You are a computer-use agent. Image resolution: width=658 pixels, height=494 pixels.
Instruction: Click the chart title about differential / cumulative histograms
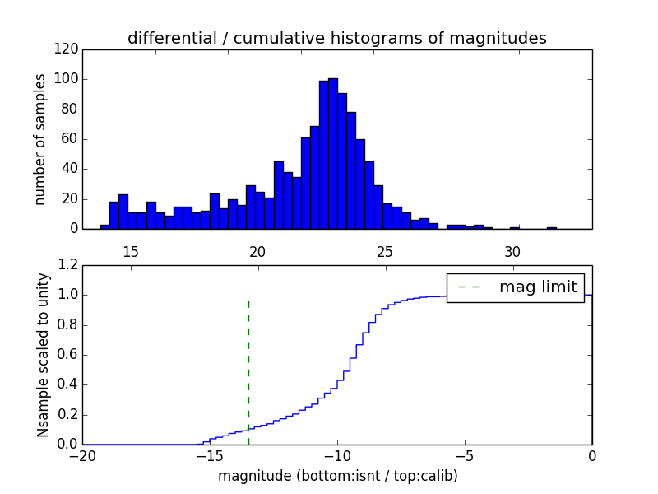[336, 39]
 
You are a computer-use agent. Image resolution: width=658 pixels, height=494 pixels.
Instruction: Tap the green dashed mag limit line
[248, 370]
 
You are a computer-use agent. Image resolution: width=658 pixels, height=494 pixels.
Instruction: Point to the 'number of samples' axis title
[40, 139]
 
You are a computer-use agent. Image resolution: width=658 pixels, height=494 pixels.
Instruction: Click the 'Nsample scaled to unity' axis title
[43, 355]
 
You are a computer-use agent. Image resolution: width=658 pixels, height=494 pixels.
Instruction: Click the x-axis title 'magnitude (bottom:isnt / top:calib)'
[337, 476]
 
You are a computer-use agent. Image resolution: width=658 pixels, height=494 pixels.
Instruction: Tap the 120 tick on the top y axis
[68, 49]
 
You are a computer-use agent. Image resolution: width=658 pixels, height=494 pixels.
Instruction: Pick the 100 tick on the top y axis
[68, 80]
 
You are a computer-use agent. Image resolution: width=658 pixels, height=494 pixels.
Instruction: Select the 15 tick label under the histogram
[130, 251]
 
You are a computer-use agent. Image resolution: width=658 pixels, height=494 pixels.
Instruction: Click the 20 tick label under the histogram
[257, 251]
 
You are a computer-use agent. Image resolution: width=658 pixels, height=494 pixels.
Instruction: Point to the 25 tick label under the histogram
[385, 251]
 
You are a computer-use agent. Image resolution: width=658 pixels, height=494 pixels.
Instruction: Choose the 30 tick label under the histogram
[512, 251]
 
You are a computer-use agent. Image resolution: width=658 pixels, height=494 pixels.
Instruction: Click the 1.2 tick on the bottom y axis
[69, 265]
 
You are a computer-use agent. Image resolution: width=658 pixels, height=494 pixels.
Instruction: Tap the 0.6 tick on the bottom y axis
[69, 355]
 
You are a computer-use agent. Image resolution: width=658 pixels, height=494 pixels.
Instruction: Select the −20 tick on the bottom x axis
[82, 457]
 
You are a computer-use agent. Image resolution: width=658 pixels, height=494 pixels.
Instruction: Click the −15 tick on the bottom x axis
[209, 457]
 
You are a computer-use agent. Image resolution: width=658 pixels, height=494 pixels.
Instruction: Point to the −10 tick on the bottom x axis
[336, 457]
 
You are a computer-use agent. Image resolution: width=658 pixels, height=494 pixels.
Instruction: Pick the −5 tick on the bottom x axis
[464, 457]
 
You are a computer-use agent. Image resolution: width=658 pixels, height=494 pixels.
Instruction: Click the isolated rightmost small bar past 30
[551, 227]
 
